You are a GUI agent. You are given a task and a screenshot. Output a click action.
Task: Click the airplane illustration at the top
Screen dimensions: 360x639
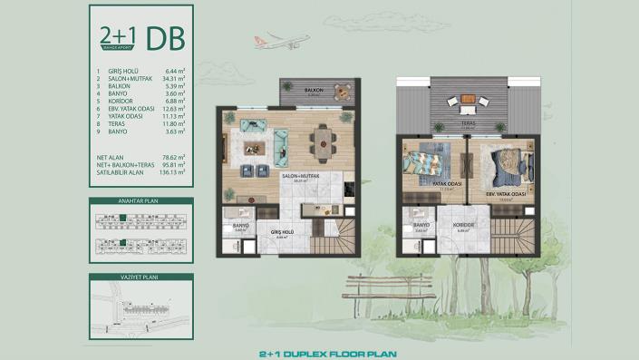click(289, 41)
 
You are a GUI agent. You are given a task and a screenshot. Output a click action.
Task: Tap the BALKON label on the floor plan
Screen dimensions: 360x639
click(315, 91)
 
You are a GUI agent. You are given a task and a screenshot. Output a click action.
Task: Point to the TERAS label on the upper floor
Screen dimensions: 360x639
click(469, 126)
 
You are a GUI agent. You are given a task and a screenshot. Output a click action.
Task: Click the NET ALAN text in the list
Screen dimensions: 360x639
click(109, 157)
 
